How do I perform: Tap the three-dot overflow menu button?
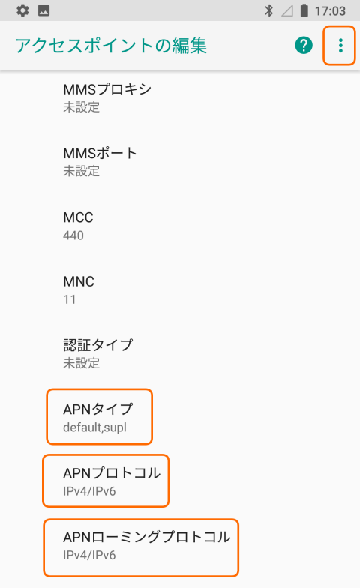tap(340, 45)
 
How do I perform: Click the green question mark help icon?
tap(304, 45)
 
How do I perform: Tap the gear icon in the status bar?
tap(22, 10)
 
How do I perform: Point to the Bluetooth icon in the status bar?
tap(268, 10)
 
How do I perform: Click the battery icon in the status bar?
tap(304, 10)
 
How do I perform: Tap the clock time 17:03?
tap(330, 10)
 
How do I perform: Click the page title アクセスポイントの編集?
tap(111, 46)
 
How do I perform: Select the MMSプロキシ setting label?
tap(107, 89)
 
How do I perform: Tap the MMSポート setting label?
tap(100, 153)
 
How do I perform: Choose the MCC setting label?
tap(78, 217)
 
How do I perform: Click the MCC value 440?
tap(73, 235)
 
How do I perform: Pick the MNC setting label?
tap(79, 281)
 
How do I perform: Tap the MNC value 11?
tap(69, 299)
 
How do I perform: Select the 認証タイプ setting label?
tap(98, 345)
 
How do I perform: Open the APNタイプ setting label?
tap(98, 409)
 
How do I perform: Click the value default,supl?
tap(94, 427)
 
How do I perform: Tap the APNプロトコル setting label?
tap(112, 473)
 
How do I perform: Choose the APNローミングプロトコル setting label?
tap(147, 537)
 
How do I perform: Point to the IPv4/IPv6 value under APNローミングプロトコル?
tap(89, 555)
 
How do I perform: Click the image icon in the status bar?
tap(43, 10)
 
